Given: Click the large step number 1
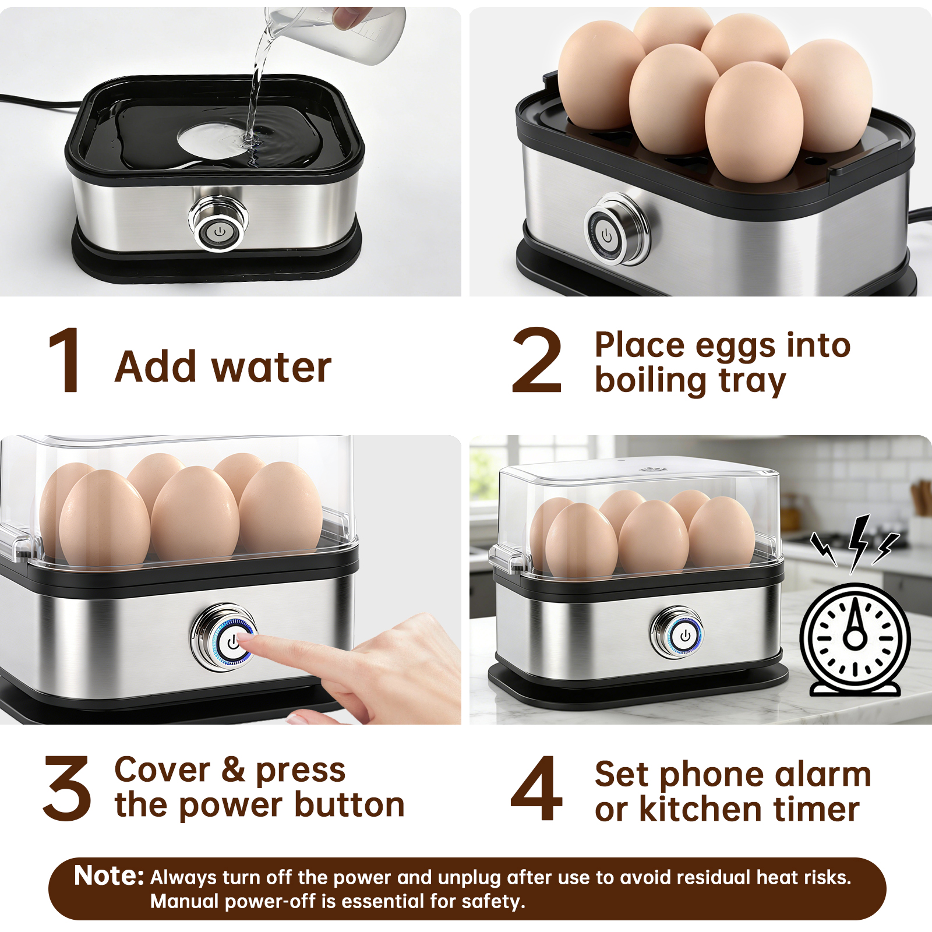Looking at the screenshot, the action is [x=66, y=359].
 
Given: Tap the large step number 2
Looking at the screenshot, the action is [x=536, y=359].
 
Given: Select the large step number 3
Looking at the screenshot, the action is [x=67, y=788].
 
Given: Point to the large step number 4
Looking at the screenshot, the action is [x=536, y=788].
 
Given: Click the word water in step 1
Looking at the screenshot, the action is [x=271, y=368].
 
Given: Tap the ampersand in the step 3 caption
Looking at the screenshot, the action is [x=233, y=769].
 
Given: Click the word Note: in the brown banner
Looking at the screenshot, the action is [x=109, y=875].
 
